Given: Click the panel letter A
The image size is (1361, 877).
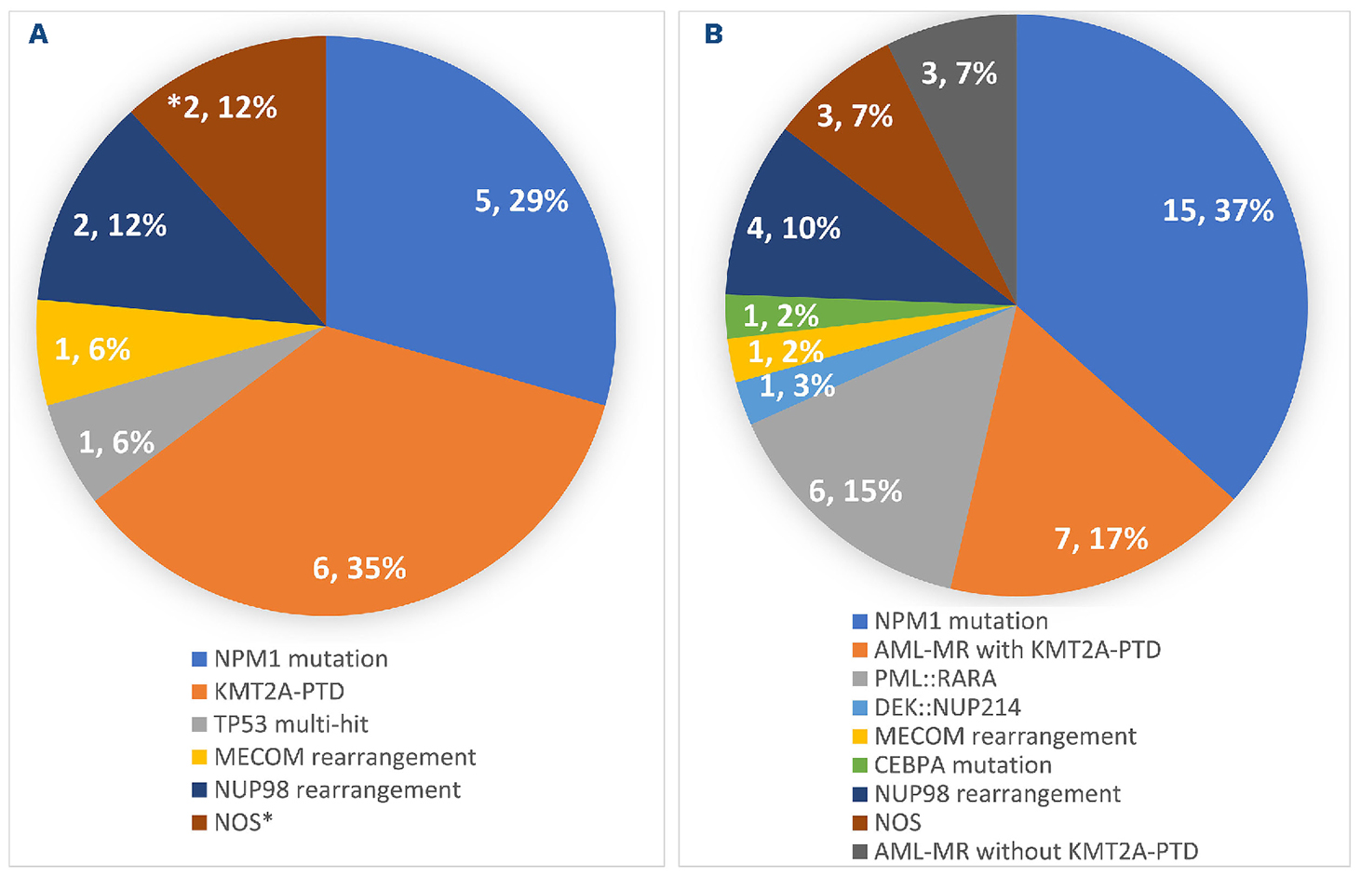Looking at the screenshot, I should [x=38, y=34].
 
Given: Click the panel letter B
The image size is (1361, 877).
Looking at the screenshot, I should [x=713, y=34].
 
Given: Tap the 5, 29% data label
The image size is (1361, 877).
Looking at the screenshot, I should [x=521, y=201].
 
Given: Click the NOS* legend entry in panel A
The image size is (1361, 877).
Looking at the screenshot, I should [x=243, y=823].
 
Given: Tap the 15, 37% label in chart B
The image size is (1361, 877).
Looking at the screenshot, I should [x=1218, y=210].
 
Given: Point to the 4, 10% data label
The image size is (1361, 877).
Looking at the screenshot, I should [x=793, y=228].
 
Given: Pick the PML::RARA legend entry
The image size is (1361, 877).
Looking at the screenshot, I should [x=935, y=679].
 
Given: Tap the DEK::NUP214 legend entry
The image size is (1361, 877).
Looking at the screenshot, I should [x=947, y=708].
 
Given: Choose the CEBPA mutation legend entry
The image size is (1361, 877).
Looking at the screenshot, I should [x=963, y=765].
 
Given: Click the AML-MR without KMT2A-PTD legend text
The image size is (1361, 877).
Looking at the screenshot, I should [x=1035, y=852].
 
